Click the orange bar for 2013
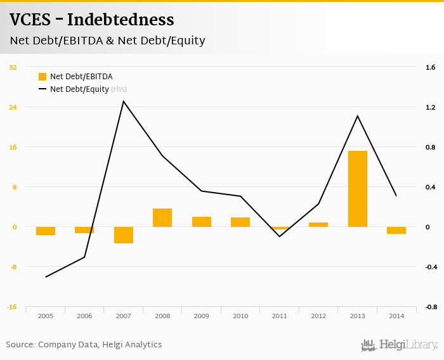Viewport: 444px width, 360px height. tap(358, 189)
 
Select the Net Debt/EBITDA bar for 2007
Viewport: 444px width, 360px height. tap(124, 235)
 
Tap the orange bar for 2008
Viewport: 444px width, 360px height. tap(162, 217)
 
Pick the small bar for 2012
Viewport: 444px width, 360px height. tap(318, 224)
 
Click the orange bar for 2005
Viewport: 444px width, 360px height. tap(46, 231)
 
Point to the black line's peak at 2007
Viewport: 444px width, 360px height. tap(124, 101)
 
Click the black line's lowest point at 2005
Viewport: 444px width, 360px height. tap(46, 277)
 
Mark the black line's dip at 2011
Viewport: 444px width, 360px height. tap(280, 236)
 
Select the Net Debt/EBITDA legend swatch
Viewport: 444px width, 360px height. tap(42, 77)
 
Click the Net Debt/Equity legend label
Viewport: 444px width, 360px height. tap(79, 89)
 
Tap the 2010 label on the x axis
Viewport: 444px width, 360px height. tap(240, 316)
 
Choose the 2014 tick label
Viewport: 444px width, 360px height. tap(396, 316)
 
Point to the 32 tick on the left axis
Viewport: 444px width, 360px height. tap(13, 67)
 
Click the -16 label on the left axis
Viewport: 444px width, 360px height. tap(12, 307)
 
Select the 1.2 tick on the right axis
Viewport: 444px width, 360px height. tap(430, 107)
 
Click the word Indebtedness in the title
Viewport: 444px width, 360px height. tap(121, 20)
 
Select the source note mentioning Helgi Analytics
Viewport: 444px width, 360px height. tap(84, 345)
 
